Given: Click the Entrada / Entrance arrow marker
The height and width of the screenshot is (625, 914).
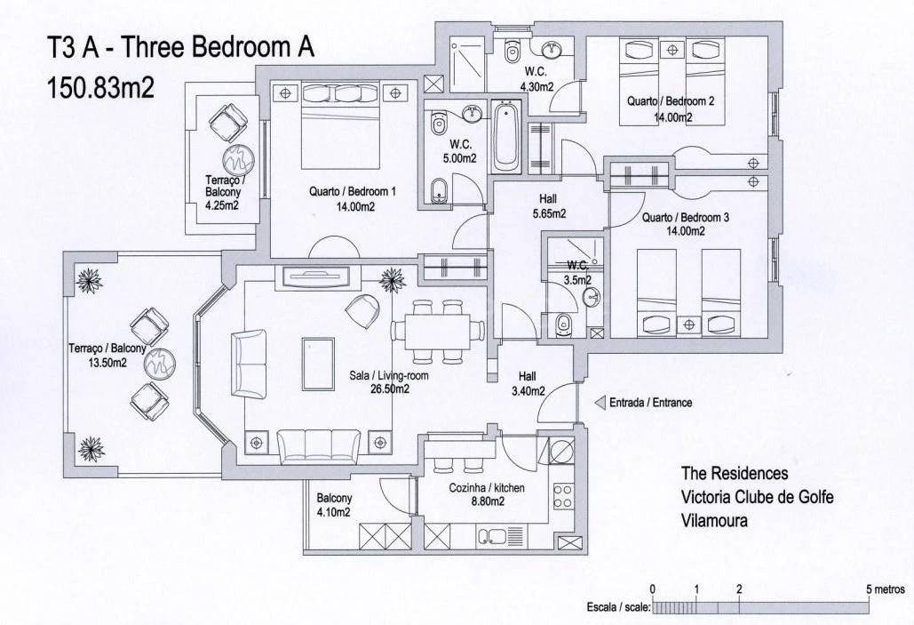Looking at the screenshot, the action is click(x=600, y=403).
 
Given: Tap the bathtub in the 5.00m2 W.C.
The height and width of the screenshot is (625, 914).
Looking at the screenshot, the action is click(x=505, y=137).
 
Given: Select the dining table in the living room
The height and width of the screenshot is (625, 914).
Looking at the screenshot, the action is click(x=438, y=331).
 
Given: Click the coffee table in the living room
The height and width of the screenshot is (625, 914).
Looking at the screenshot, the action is click(x=318, y=363).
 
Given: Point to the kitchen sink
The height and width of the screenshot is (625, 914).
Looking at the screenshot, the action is click(x=501, y=536).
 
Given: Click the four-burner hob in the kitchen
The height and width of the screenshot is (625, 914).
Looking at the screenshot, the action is click(x=562, y=496).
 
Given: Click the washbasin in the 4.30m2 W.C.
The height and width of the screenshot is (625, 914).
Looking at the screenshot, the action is click(x=552, y=50).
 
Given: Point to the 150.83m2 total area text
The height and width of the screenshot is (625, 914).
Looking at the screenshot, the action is click(x=100, y=87).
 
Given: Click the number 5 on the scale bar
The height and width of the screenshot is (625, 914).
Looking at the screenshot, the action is click(x=869, y=589).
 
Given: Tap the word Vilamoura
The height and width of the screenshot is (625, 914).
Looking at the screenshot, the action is click(x=714, y=520).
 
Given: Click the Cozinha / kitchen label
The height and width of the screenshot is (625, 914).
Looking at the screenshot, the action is click(x=487, y=488).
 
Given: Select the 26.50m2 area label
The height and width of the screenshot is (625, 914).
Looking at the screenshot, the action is click(x=389, y=389).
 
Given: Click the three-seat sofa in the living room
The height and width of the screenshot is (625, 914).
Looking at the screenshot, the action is click(x=318, y=445).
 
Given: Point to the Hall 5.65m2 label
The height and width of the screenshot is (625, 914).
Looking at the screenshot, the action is click(x=549, y=206).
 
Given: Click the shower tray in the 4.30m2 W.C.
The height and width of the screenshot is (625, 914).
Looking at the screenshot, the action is click(x=467, y=64).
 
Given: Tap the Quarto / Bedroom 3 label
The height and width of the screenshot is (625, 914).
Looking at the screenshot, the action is click(x=686, y=218).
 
